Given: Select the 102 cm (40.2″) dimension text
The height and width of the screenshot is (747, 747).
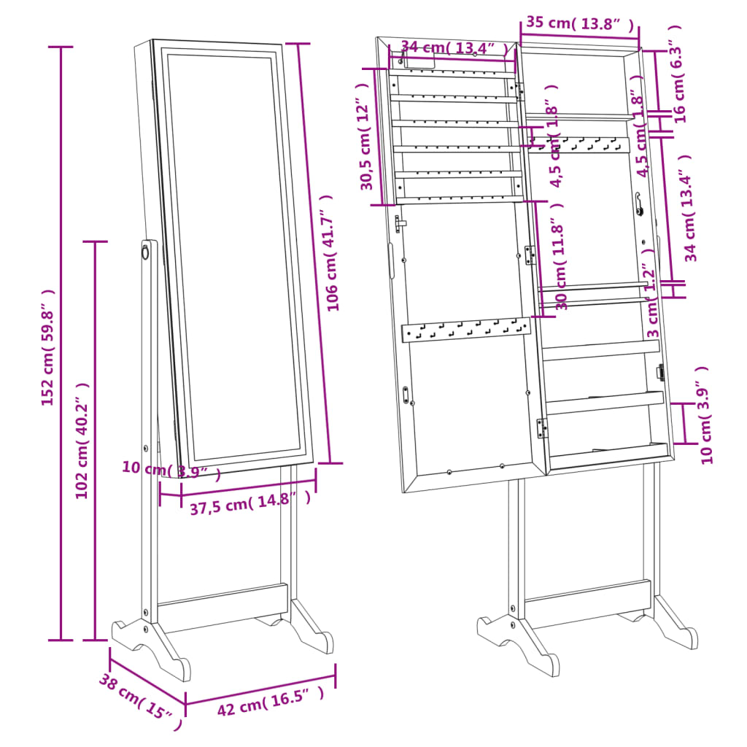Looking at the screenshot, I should click(x=82, y=441).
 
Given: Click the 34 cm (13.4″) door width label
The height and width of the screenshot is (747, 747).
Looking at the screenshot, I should click(x=454, y=47).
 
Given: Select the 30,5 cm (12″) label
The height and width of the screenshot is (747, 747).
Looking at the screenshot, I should click(x=371, y=146).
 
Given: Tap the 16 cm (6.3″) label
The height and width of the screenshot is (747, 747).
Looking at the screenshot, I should click(x=678, y=74).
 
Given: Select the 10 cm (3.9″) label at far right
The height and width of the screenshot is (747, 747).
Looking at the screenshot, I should click(x=705, y=414).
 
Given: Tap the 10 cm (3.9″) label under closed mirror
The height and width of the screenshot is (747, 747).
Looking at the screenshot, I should click(x=171, y=470).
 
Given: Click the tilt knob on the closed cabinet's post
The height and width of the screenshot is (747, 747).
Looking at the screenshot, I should click(x=145, y=252).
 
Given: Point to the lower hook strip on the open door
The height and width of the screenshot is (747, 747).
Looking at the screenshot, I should click(x=465, y=330).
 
